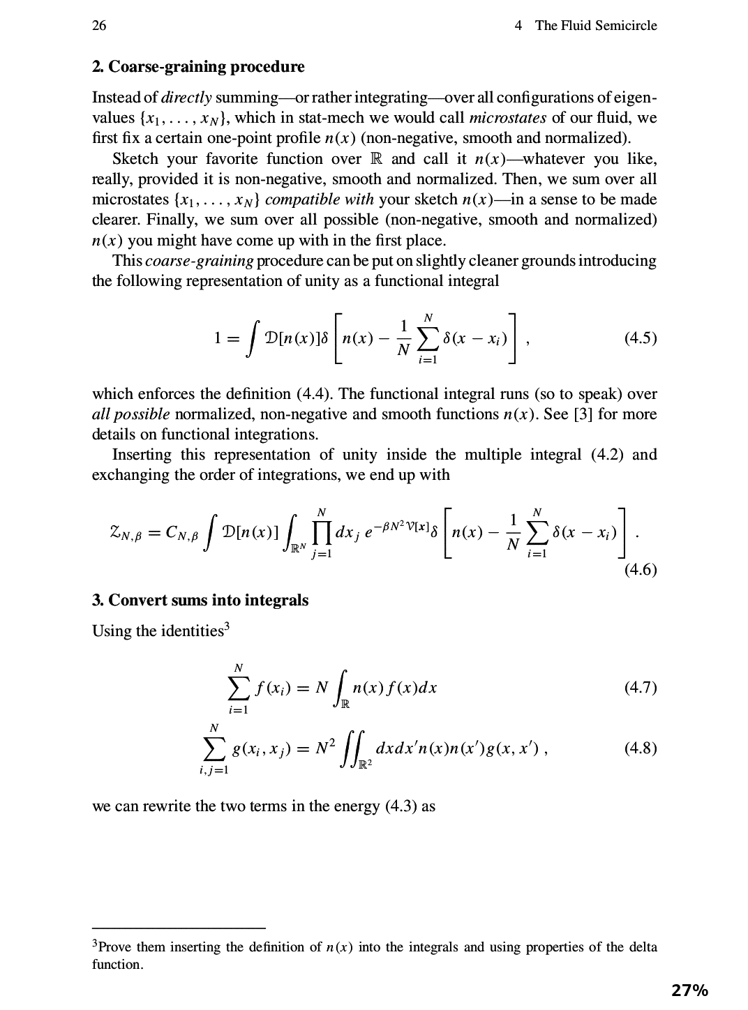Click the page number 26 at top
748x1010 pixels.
[99, 26]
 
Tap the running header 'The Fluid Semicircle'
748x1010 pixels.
[595, 26]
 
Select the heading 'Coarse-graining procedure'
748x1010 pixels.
[207, 67]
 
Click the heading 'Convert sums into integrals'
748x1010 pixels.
[209, 600]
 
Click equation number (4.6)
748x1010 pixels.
[640, 570]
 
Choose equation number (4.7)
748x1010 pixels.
[640, 688]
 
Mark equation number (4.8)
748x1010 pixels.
[640, 748]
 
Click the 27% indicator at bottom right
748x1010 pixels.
[689, 990]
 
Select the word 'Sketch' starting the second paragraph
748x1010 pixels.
[136, 158]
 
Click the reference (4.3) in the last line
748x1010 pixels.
[401, 806]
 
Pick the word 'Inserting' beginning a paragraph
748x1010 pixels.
[142, 454]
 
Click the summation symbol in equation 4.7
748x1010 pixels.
[239, 688]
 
